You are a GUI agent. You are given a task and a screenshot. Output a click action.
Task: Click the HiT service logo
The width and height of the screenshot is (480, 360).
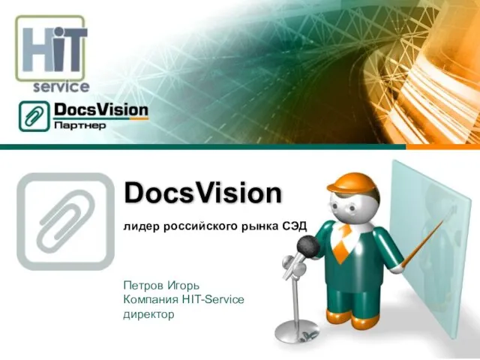[52, 53]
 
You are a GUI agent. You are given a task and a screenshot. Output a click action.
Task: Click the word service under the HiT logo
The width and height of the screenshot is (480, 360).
[61, 87]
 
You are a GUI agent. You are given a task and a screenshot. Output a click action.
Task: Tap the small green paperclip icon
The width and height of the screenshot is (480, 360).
[34, 116]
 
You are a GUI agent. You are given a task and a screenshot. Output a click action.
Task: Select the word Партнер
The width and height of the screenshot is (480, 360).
[80, 126]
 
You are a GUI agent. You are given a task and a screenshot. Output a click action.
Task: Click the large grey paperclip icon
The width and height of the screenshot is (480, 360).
[65, 221]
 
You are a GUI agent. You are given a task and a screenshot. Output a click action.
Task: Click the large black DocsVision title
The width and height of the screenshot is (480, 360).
[202, 193]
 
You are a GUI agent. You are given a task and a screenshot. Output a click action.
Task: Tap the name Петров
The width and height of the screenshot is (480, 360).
[143, 286]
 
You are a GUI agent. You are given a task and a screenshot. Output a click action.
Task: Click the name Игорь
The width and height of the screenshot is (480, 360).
[183, 286]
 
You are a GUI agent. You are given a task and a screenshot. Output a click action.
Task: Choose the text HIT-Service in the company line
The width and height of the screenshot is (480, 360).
[213, 299]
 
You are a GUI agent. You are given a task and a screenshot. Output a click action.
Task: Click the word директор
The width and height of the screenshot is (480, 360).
[148, 314]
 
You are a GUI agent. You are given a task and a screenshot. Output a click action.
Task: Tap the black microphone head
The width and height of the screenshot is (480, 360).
[308, 247]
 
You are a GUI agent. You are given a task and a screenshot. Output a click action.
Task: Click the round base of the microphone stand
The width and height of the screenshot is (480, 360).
[297, 331]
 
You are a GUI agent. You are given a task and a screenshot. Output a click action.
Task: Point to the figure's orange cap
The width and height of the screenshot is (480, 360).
[352, 182]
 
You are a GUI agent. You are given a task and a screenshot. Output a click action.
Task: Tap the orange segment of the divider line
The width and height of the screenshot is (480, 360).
[443, 147]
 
